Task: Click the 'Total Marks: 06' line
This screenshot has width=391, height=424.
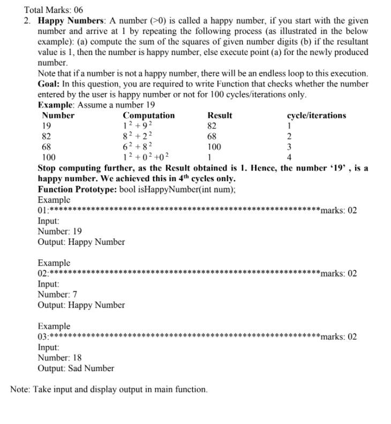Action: [x=54, y=10]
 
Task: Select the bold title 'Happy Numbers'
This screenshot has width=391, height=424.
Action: [x=71, y=20]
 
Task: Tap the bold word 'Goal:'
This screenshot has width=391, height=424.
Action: [x=49, y=84]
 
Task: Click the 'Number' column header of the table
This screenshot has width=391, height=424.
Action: [x=58, y=115]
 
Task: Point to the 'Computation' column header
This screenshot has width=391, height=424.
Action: [x=148, y=115]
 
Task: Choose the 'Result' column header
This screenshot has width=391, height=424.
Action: [x=220, y=115]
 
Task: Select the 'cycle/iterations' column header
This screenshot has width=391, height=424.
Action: [x=316, y=115]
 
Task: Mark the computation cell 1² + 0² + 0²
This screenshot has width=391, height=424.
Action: [x=146, y=157]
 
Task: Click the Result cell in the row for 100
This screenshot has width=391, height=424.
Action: [x=209, y=157]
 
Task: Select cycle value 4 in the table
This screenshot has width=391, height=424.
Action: [x=289, y=157]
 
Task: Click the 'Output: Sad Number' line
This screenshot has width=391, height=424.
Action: [x=76, y=368]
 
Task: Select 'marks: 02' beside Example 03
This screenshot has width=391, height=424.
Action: [x=338, y=337]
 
